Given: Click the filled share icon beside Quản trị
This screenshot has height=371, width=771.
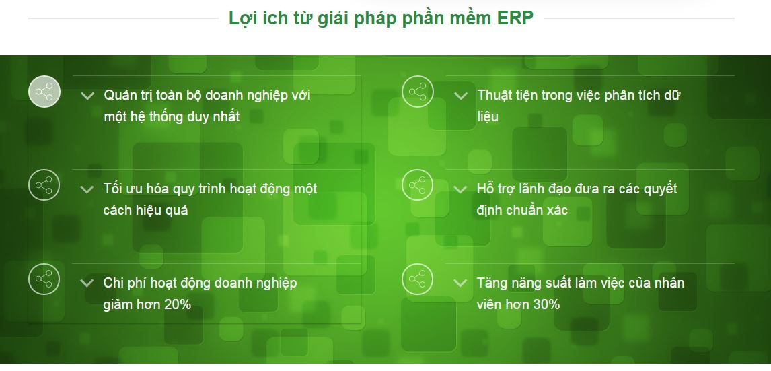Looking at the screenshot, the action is (x=44, y=92).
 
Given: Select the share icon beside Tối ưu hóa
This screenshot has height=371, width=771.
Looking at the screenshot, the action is (x=44, y=185).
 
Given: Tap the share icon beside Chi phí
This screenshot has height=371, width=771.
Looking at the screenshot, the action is (x=44, y=279).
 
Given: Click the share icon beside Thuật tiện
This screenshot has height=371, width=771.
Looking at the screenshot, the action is (x=418, y=92).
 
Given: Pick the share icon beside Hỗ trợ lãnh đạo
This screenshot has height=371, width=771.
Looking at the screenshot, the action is (x=418, y=185).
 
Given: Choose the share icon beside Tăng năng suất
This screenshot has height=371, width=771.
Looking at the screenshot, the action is (x=418, y=279).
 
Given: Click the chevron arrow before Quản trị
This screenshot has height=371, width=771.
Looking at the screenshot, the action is (x=87, y=96).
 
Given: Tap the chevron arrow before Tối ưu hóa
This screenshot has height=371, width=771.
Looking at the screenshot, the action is (x=87, y=189).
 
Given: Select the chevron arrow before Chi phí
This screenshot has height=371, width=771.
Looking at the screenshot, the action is (x=87, y=283).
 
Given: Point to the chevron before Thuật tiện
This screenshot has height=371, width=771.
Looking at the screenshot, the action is (x=461, y=96).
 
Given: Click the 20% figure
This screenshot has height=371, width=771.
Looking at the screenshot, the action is (x=178, y=304).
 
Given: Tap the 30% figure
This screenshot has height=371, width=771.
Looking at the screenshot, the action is (x=547, y=304).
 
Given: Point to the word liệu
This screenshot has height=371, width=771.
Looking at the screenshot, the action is (x=487, y=116).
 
